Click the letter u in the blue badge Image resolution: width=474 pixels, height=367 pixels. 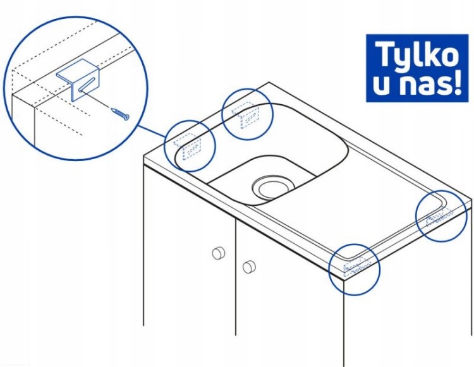pyautogui.click(x=383, y=85)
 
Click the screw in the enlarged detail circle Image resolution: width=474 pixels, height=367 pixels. pyautogui.click(x=121, y=114)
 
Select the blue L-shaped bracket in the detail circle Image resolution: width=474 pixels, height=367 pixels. pyautogui.click(x=78, y=79)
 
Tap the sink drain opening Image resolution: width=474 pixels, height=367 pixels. pyautogui.click(x=273, y=187)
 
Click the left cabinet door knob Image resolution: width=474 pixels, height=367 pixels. pyautogui.click(x=219, y=253)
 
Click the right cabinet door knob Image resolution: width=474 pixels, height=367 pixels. pyautogui.click(x=249, y=267)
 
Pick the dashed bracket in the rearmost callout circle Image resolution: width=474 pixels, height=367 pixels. pyautogui.click(x=247, y=116)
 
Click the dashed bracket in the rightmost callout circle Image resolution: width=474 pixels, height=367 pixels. pyautogui.click(x=439, y=217)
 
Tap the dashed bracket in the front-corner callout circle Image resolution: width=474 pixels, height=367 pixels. pyautogui.click(x=356, y=266)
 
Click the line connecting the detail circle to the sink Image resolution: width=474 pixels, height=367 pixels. pyautogui.click(x=152, y=131)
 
